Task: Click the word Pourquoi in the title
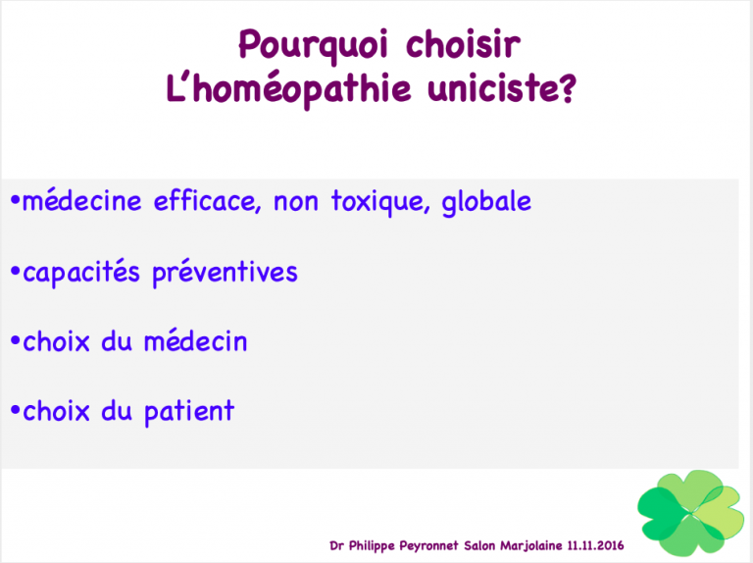[313, 46]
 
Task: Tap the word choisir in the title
[464, 44]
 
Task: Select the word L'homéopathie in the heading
[288, 88]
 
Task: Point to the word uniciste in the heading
[493, 88]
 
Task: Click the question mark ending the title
[567, 88]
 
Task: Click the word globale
[486, 202]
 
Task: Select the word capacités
[81, 272]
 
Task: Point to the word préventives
[226, 272]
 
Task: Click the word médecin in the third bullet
[195, 341]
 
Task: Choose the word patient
[189, 412]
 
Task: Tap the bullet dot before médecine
[16, 199]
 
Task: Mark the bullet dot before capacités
[16, 270]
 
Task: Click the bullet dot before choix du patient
[16, 411]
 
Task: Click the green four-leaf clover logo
[690, 513]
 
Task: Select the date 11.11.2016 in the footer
[595, 545]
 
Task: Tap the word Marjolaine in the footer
[531, 546]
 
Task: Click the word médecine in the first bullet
[82, 201]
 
